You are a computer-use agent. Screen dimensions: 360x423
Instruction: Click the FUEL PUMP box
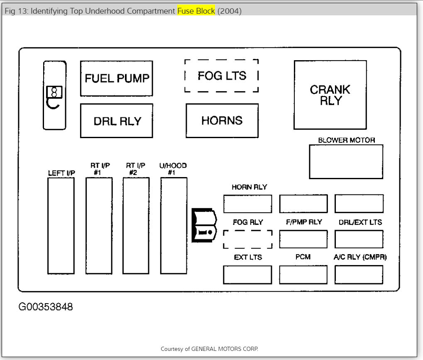(x=116, y=78)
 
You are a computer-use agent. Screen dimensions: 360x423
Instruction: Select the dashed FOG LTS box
(x=222, y=75)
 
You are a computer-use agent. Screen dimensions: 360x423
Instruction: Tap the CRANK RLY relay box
(x=330, y=95)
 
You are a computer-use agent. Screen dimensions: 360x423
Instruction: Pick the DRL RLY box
(x=116, y=121)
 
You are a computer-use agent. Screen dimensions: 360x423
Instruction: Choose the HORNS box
(x=222, y=121)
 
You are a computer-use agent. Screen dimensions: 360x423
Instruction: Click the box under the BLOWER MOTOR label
(x=346, y=162)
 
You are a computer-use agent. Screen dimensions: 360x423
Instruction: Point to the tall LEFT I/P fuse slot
(x=61, y=226)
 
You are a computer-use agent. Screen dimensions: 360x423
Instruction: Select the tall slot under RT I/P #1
(x=99, y=226)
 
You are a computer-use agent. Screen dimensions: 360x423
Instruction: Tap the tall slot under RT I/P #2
(x=136, y=226)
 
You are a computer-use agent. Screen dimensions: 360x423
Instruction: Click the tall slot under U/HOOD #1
(x=174, y=226)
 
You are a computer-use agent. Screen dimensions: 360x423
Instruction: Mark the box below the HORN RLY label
(x=247, y=204)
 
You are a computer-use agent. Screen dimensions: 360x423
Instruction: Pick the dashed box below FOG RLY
(x=247, y=239)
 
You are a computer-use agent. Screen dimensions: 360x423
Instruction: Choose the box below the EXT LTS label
(x=247, y=275)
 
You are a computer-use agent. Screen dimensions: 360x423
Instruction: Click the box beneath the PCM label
(x=303, y=275)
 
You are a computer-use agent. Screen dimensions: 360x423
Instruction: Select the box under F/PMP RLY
(x=303, y=239)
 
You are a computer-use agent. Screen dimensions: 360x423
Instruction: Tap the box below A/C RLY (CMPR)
(x=359, y=275)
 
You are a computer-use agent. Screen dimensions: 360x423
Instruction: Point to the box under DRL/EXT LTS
(x=359, y=239)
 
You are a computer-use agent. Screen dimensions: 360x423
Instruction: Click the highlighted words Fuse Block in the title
(x=196, y=11)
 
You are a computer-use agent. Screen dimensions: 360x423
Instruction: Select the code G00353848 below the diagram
(x=46, y=307)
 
